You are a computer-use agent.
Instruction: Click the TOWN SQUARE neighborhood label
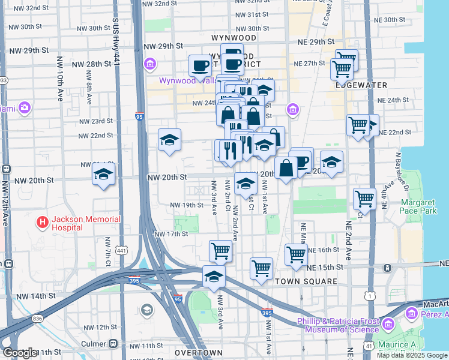pos(300,281)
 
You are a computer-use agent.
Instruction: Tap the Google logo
pos(20,353)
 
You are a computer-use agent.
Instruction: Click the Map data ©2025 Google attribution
pos(412,355)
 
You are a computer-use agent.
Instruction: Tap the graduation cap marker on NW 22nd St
pos(169,140)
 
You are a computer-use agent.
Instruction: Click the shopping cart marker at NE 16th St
pos(297,254)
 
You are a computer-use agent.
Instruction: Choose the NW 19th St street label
pos(186,205)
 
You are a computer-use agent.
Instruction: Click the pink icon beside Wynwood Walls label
pos(149,64)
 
